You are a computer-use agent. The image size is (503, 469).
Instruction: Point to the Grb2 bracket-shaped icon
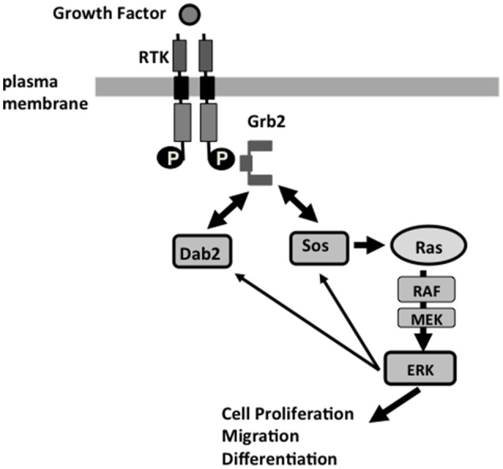257,162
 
